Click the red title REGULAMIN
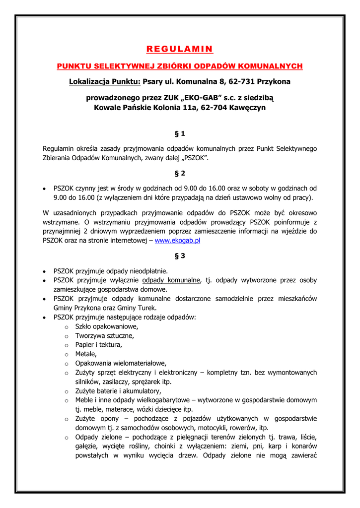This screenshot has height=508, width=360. (x=180, y=49)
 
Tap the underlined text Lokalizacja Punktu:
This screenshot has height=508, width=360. (x=105, y=81)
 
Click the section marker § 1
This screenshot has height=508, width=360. (x=180, y=133)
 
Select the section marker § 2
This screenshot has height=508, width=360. (x=180, y=173)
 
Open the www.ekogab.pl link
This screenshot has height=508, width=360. (x=177, y=240)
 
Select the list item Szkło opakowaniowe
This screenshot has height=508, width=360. (x=107, y=326)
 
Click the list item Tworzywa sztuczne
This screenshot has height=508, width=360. (x=104, y=335)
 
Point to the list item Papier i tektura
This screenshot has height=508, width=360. (x=98, y=344)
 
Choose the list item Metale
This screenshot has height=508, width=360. (x=86, y=354)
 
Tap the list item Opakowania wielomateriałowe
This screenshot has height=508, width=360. (x=121, y=363)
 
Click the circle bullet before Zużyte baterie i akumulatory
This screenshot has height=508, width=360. (x=66, y=391)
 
